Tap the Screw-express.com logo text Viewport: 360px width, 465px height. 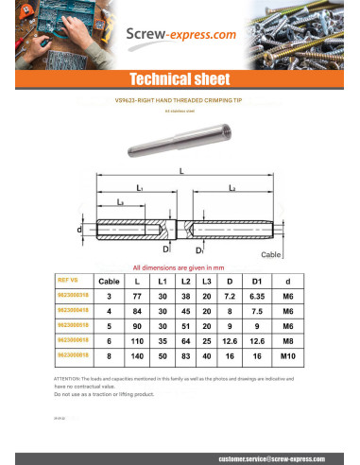(x=180, y=37)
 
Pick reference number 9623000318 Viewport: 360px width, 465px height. (x=75, y=296)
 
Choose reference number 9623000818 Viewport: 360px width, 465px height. (x=75, y=354)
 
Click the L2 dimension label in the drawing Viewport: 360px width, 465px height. (x=232, y=189)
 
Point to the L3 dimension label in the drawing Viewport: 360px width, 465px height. (x=121, y=203)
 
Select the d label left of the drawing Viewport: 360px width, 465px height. (x=79, y=230)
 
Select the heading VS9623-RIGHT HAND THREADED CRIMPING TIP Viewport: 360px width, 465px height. (x=180, y=99)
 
